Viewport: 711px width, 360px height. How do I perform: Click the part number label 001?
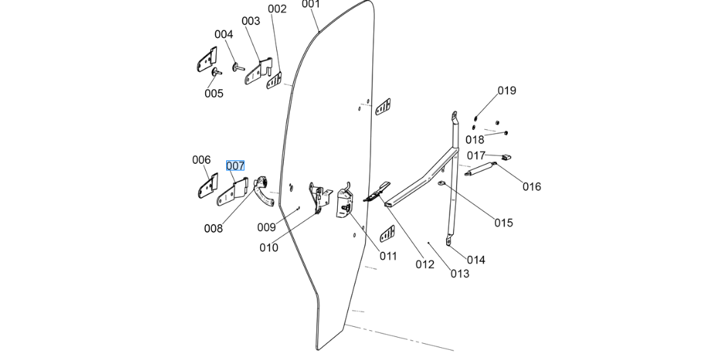tap(311, 4)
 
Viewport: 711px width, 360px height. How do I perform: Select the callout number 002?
tap(277, 9)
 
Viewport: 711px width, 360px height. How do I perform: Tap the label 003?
tap(251, 21)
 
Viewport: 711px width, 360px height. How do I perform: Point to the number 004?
tap(224, 35)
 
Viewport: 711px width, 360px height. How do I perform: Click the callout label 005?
tap(214, 93)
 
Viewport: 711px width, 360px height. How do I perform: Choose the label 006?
tap(201, 160)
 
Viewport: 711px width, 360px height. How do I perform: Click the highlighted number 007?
tap(235, 166)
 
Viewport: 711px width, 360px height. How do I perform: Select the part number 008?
tap(213, 229)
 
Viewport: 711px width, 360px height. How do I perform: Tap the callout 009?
tap(266, 227)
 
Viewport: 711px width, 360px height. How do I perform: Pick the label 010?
tap(269, 248)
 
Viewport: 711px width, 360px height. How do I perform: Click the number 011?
tap(388, 256)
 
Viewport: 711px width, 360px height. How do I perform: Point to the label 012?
tap(425, 265)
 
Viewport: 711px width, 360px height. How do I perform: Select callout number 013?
tap(460, 273)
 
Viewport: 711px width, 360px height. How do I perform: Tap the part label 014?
tap(476, 260)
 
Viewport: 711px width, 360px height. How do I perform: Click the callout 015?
tap(503, 223)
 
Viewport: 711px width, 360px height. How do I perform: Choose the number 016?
tap(532, 187)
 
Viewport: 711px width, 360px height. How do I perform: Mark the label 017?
tap(476, 156)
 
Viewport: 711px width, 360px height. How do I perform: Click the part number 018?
tap(475, 140)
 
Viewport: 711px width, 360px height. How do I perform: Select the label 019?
tap(507, 91)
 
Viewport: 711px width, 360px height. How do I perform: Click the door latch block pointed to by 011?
tap(345, 202)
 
